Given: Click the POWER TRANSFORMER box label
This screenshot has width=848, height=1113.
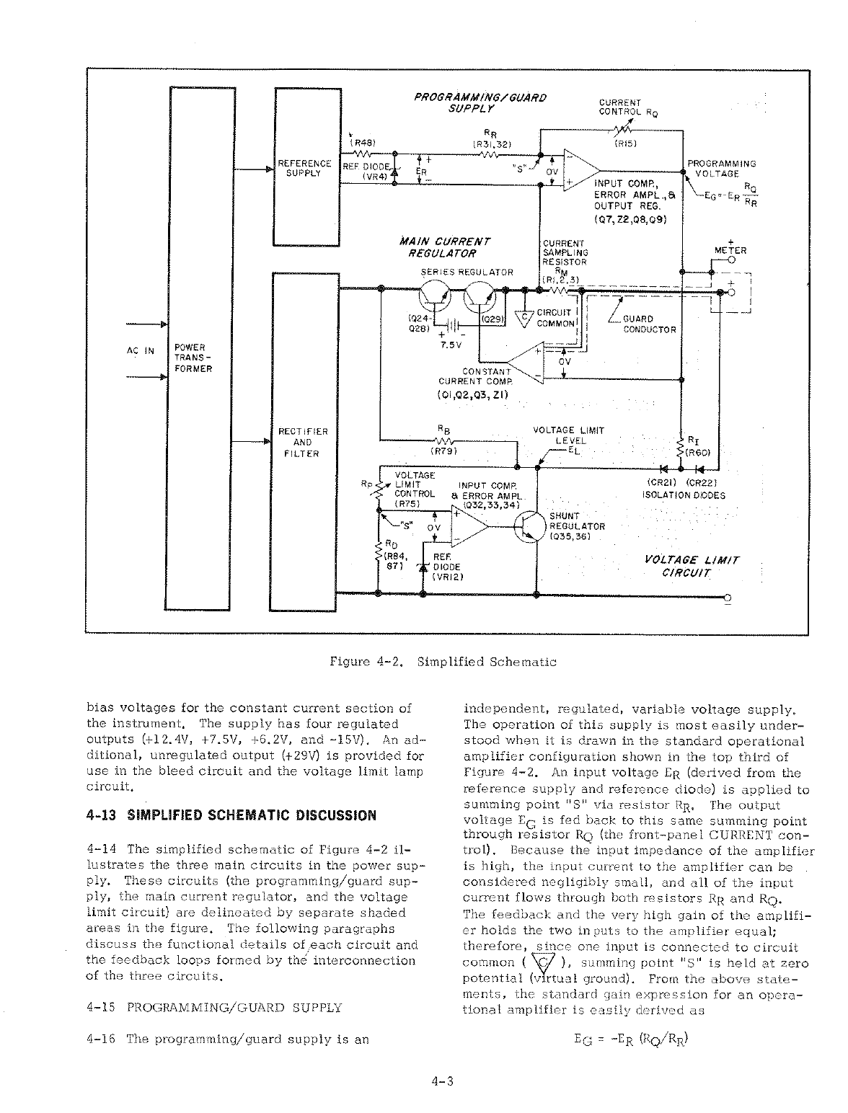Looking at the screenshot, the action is [193, 358].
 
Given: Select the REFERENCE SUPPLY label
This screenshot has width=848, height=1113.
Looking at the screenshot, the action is [304, 169].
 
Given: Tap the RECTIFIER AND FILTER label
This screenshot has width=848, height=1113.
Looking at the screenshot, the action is [303, 442].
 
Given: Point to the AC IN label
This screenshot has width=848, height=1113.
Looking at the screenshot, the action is [141, 350].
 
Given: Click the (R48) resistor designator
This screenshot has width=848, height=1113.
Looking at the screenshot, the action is [361, 143].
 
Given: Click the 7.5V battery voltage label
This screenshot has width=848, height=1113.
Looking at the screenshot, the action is [451, 345].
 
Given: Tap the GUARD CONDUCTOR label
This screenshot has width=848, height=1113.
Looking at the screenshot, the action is [649, 324].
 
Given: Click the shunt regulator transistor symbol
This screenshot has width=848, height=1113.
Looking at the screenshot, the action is [528, 527].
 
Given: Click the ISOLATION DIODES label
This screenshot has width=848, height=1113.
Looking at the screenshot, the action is [683, 495].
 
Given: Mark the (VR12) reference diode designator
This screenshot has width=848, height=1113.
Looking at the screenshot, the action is [447, 577].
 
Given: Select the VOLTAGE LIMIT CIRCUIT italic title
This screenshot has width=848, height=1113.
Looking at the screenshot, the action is [691, 566].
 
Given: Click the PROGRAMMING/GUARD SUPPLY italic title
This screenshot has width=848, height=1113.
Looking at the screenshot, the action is [480, 102].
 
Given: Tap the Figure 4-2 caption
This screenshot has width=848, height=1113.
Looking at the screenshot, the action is [443, 662].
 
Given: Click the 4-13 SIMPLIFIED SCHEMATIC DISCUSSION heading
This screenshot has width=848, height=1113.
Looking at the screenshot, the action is [231, 815].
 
